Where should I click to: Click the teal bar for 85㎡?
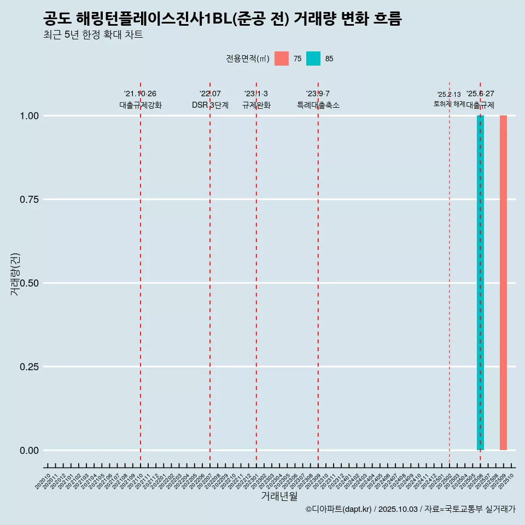(x=480, y=283)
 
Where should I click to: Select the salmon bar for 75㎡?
(x=503, y=283)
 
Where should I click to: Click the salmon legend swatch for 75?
(x=282, y=59)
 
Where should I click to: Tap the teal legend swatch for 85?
(x=313, y=59)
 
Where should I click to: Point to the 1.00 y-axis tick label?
(x=30, y=116)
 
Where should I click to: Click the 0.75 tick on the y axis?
(x=30, y=200)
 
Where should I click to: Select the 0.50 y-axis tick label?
(x=30, y=283)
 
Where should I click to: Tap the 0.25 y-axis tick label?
(x=30, y=367)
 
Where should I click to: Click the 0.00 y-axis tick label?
(x=30, y=451)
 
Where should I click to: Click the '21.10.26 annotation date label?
(x=141, y=94)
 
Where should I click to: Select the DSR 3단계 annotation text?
(x=210, y=105)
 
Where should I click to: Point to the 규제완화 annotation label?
(x=256, y=105)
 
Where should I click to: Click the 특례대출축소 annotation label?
(x=318, y=105)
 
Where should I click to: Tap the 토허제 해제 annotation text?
(x=449, y=103)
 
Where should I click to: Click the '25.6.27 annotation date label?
(x=480, y=94)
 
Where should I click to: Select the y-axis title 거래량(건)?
(x=15, y=274)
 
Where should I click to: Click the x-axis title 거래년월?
(x=279, y=496)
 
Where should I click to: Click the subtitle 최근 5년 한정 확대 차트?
(x=93, y=35)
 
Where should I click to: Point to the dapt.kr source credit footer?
(x=410, y=509)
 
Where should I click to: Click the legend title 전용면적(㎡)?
(x=247, y=59)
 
